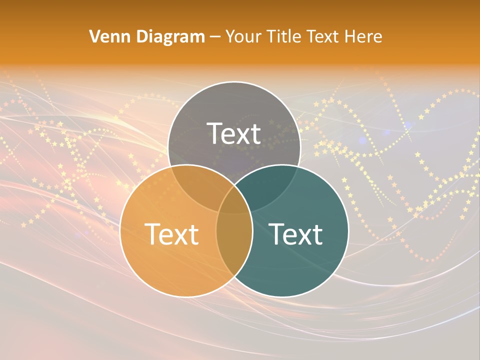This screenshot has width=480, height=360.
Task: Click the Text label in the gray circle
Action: [x=234, y=133]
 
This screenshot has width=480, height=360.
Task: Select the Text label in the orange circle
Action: [x=171, y=234]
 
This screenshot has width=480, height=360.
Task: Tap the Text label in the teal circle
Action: [x=295, y=234]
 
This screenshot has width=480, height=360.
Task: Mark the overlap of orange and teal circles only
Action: [x=234, y=250]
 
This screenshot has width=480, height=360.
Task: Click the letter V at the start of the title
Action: [x=94, y=36]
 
